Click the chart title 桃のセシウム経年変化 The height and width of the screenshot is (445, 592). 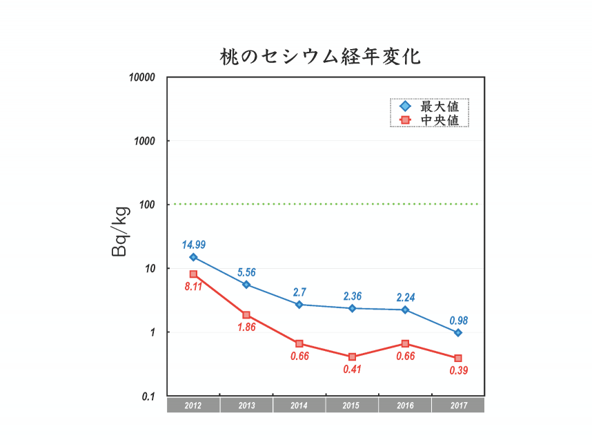point(319,56)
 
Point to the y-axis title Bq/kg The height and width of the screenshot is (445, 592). point(119,231)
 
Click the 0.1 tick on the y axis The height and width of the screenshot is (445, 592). point(149,396)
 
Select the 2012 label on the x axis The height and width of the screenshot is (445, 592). point(193,406)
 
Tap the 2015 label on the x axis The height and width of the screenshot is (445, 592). point(352,406)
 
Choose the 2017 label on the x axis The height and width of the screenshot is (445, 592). point(457,406)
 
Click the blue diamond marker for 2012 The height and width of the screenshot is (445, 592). point(193,257)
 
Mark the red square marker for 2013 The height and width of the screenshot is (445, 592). point(246,315)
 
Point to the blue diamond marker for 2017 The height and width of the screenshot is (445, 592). point(457,332)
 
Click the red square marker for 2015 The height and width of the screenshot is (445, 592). point(352,357)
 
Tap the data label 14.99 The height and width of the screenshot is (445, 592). point(194,245)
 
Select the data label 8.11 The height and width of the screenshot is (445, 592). point(193,286)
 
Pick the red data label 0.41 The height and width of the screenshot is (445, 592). point(352,369)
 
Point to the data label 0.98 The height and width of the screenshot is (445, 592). point(458,321)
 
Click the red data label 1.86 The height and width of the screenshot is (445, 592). point(246,327)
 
